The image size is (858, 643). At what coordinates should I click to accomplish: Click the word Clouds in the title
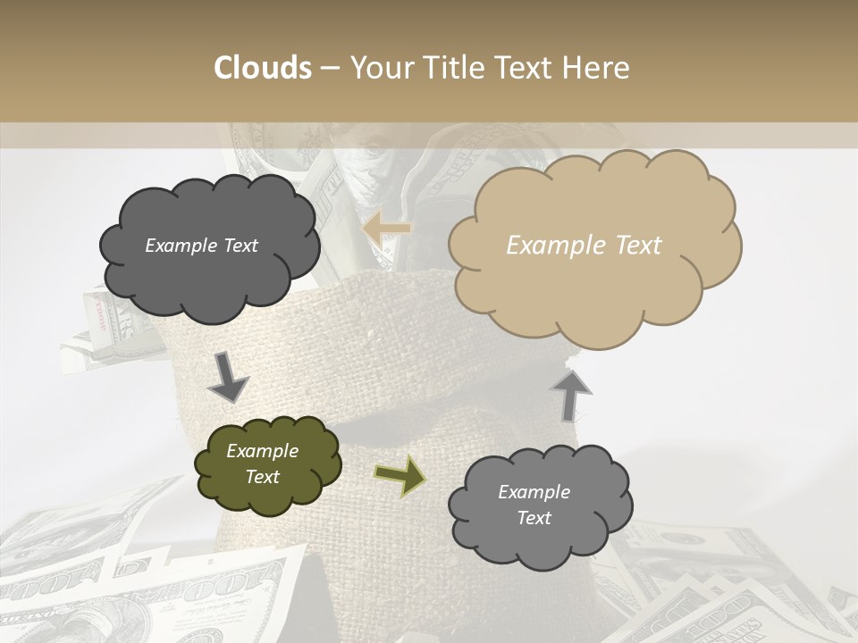(263, 68)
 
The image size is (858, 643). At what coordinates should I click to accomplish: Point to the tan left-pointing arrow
(388, 229)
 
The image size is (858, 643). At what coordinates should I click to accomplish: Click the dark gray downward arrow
(228, 377)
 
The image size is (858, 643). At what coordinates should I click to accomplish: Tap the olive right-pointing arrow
(400, 475)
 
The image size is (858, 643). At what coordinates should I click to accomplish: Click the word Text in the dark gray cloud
(240, 246)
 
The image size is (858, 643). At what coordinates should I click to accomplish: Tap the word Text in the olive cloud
(262, 477)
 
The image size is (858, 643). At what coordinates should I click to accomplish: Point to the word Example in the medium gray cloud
(534, 492)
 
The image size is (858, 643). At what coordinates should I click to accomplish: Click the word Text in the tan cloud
(636, 246)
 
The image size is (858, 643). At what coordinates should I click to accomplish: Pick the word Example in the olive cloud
(262, 451)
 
